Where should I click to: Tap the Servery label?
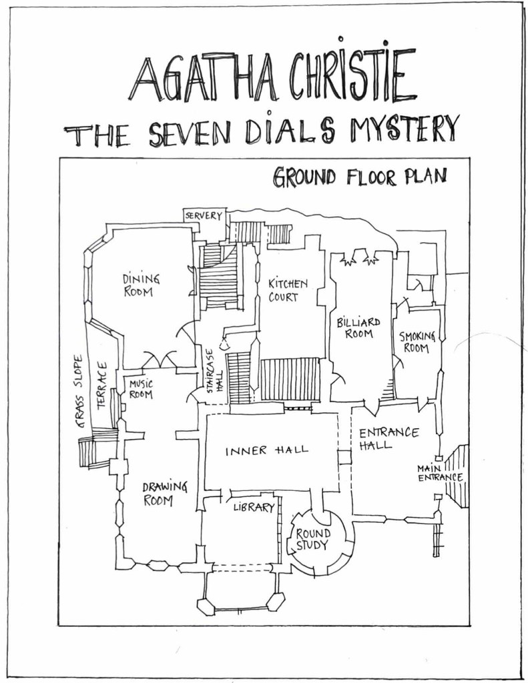[x=204, y=216]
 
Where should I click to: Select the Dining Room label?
[x=141, y=285]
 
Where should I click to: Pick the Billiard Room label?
[x=358, y=327]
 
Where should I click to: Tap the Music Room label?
[x=141, y=389]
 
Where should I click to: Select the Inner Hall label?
[x=266, y=450]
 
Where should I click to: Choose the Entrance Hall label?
[x=388, y=438]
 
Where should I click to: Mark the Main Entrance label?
[x=440, y=472]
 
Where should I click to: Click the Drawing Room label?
[x=165, y=493]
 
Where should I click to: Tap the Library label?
[x=254, y=508]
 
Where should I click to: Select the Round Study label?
[x=312, y=539]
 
